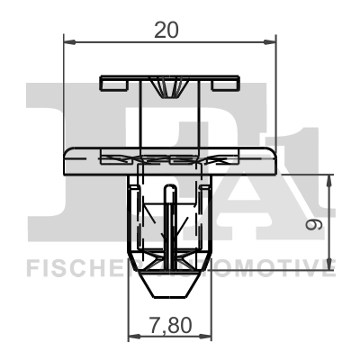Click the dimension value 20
pos(166,30)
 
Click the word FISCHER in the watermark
pos(72,265)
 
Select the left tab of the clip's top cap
pos(115,85)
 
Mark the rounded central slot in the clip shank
pos(168,216)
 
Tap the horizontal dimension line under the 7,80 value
pos(169,337)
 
